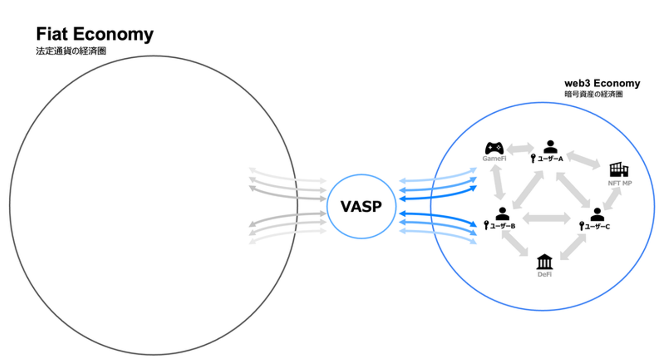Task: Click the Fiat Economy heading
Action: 95,35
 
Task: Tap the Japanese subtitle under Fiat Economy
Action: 71,51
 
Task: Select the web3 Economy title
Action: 602,84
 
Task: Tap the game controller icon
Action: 494,148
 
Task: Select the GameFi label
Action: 493,159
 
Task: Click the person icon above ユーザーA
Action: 550,147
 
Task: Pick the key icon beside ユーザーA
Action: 533,159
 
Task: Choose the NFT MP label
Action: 620,183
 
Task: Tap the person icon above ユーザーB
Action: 502,214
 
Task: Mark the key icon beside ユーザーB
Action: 486,226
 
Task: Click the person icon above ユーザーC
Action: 597,214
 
